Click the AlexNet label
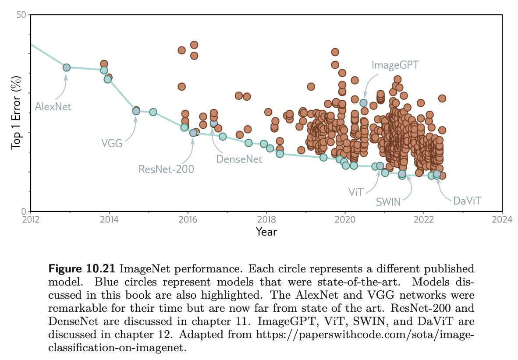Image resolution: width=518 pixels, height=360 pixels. (x=53, y=106)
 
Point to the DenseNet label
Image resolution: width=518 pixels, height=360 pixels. (x=239, y=159)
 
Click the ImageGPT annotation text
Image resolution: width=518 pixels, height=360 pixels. (x=395, y=65)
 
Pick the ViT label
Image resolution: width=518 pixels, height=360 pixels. (x=356, y=192)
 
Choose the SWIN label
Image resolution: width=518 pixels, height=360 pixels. (x=388, y=202)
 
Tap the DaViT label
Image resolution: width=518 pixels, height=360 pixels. (x=467, y=201)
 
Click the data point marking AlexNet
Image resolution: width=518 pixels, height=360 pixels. (x=67, y=67)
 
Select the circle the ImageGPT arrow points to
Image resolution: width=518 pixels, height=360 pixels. (x=363, y=103)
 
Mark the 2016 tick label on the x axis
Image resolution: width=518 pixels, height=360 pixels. (x=188, y=219)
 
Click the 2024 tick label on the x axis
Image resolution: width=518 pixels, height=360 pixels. (x=502, y=219)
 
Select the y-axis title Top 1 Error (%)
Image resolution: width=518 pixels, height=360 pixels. (x=16, y=113)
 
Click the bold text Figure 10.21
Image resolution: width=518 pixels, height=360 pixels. (x=82, y=268)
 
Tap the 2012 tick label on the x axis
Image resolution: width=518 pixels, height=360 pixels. (x=30, y=219)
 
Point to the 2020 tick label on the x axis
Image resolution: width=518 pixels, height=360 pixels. (x=345, y=219)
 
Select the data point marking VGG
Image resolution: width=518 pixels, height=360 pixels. (x=136, y=111)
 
